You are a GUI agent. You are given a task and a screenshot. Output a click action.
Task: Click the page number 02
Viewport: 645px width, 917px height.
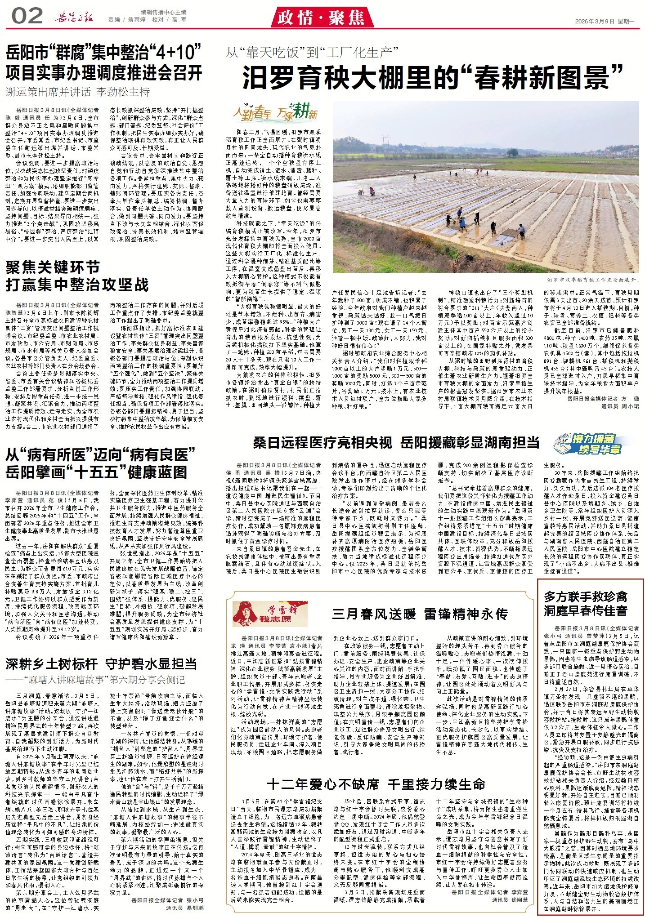click(x=27, y=17)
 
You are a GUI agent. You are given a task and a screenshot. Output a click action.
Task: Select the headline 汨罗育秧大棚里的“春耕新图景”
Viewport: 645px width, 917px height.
click(x=432, y=77)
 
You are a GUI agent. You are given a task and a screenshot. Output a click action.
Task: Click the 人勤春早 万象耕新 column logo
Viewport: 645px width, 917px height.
click(x=275, y=113)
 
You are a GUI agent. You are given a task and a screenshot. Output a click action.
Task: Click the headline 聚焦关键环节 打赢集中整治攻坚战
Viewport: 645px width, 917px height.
click(x=77, y=276)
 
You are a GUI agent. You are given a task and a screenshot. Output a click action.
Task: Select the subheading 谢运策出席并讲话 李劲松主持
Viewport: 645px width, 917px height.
click(x=77, y=92)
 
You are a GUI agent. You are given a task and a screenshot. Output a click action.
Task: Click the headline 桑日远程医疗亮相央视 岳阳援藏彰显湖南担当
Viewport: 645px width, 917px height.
click(x=396, y=443)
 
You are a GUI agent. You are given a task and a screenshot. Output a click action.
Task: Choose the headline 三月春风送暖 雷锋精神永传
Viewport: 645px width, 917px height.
click(x=420, y=614)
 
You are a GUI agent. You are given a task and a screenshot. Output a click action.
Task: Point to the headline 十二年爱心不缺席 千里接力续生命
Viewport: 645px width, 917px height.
click(x=376, y=784)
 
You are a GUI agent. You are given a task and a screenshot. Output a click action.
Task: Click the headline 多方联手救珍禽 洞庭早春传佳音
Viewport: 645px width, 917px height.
click(x=585, y=603)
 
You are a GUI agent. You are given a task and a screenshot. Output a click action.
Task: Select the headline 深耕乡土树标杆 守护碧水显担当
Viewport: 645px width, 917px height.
click(x=101, y=663)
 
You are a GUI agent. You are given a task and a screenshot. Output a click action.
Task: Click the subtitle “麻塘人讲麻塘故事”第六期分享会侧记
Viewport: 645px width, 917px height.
click(x=95, y=679)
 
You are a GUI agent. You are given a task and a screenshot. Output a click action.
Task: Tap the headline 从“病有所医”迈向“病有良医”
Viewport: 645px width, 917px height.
click(x=100, y=454)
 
